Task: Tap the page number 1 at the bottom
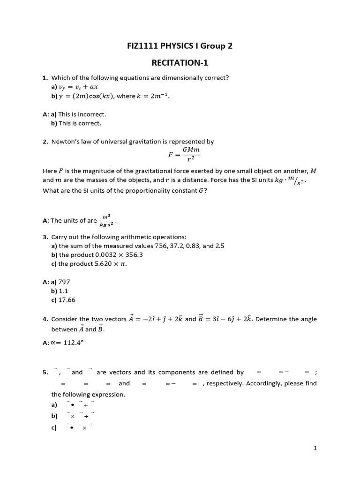click(x=316, y=449)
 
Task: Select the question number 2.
click(x=45, y=141)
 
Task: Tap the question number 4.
click(x=45, y=319)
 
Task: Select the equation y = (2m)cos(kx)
click(x=85, y=96)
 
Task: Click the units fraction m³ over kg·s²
click(x=106, y=220)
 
